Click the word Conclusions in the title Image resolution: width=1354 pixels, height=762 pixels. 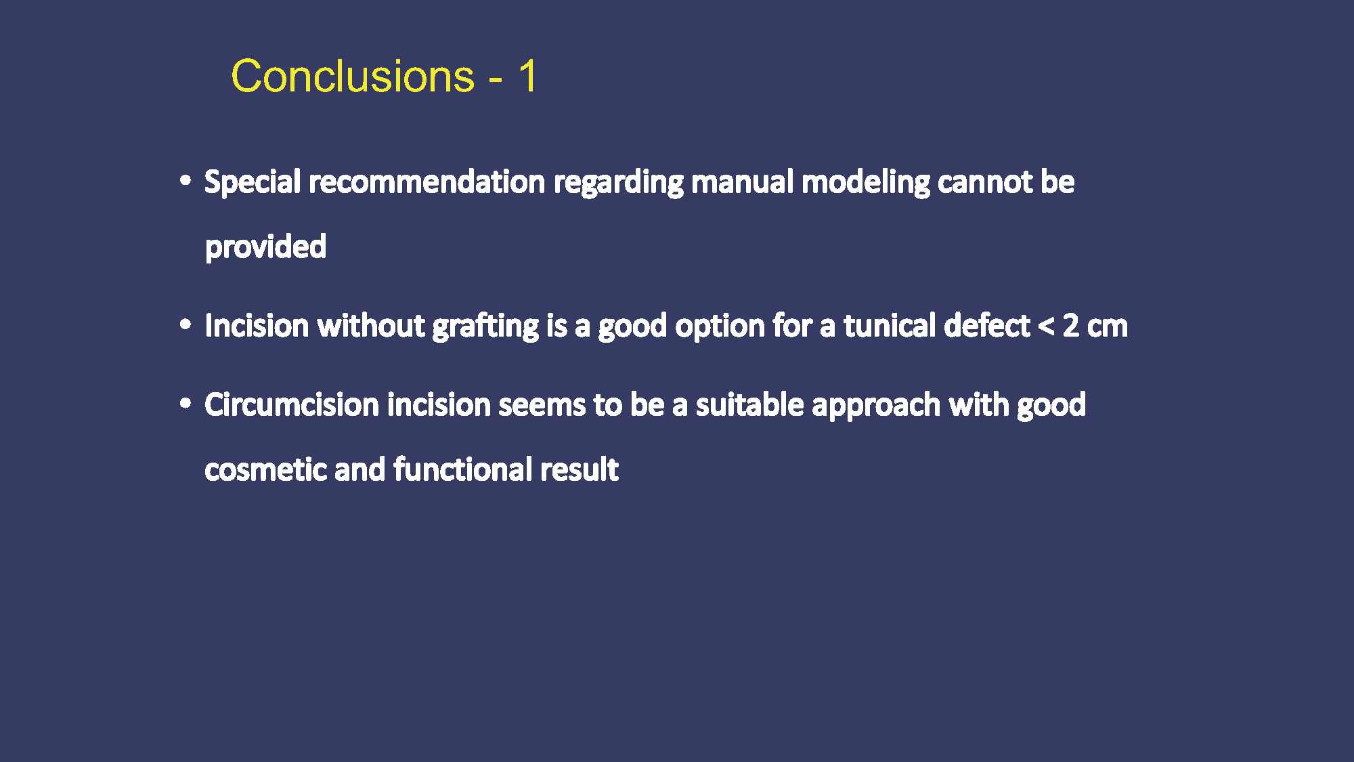[x=353, y=75]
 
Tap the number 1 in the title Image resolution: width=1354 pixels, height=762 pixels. [x=528, y=75]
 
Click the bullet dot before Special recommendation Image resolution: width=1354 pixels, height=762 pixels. [x=185, y=181]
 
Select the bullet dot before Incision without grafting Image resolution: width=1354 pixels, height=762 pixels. [x=185, y=324]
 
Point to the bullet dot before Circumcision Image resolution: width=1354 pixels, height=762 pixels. [x=185, y=404]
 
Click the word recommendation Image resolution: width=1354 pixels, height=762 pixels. [x=427, y=182]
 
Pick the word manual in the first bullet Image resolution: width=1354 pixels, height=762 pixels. [x=742, y=182]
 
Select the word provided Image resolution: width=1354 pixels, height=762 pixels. [x=265, y=247]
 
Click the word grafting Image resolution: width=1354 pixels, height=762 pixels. [x=485, y=326]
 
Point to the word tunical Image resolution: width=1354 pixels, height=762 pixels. [x=890, y=325]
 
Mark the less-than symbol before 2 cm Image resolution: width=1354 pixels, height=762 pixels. [x=1046, y=326]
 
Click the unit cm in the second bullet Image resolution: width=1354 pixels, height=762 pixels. [x=1108, y=328]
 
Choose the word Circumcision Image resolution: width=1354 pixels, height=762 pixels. [x=292, y=404]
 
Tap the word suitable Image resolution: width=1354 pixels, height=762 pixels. [x=749, y=404]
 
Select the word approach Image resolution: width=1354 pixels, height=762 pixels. [x=876, y=406]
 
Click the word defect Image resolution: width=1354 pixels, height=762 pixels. [x=987, y=325]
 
